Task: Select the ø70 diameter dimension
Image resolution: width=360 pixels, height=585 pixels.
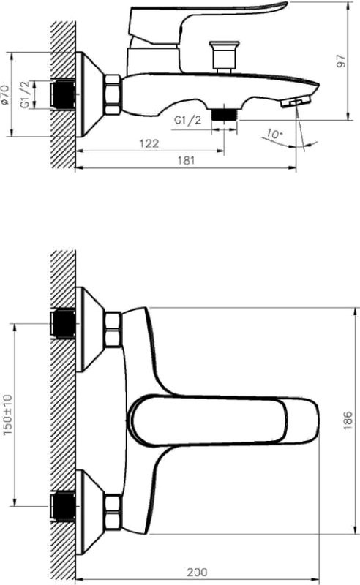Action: tap(7, 94)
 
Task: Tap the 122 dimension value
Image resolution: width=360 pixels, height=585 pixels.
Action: tap(149, 144)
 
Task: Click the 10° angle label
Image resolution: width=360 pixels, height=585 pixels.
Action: tap(274, 134)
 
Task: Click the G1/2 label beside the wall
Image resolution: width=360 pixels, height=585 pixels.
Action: tap(26, 94)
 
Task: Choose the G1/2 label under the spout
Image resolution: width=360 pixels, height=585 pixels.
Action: tap(188, 121)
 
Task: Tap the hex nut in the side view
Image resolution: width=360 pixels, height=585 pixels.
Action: tap(113, 95)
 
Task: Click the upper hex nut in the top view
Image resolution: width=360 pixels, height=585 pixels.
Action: tap(113, 330)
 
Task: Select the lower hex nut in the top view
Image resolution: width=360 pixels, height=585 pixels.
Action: tap(113, 513)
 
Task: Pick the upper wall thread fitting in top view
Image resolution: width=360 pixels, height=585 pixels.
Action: tap(64, 323)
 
